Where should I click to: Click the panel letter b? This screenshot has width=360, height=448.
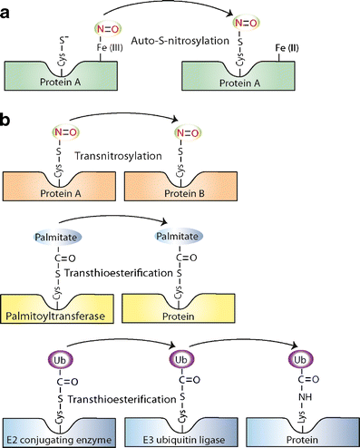point(8,117)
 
